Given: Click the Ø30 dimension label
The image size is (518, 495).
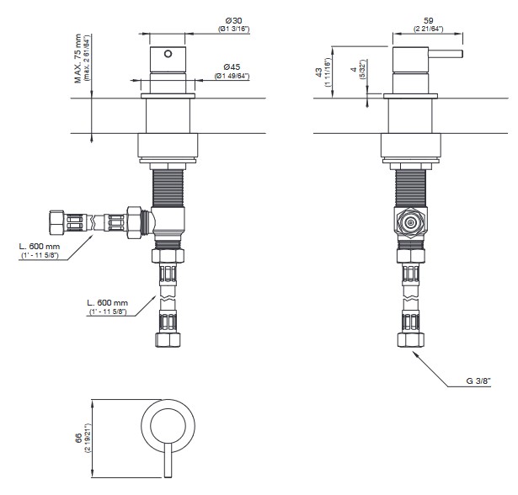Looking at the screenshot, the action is pos(233,21).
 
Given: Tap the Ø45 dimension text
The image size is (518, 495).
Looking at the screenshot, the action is pos(232,67).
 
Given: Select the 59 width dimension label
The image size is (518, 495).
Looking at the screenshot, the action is pos(428,21).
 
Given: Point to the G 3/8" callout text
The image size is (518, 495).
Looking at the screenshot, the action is pos(478,381).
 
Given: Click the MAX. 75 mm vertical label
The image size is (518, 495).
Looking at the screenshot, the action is pos(78,58).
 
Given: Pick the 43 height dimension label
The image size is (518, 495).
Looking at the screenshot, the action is pos(318,72).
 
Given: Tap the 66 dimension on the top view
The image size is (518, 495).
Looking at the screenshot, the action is pos(78,439).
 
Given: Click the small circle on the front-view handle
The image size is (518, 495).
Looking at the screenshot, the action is pos(168,54).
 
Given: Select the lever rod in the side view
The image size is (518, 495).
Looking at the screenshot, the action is pos(446,54).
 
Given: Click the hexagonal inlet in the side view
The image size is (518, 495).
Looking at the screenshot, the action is pos(410,222).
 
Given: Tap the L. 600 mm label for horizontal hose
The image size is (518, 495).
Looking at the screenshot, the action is pos(40,247).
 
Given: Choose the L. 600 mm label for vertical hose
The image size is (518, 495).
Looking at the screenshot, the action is pos(107,303).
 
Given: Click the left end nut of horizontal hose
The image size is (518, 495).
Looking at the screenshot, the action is pos(56,222).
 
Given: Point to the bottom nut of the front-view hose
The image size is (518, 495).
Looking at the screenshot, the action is pos(168,340).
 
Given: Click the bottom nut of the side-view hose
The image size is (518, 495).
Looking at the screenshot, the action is pos(411,340).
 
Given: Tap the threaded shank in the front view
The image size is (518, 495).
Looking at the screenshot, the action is pos(168,189).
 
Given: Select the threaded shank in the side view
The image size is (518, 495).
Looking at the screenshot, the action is pos(411,189).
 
